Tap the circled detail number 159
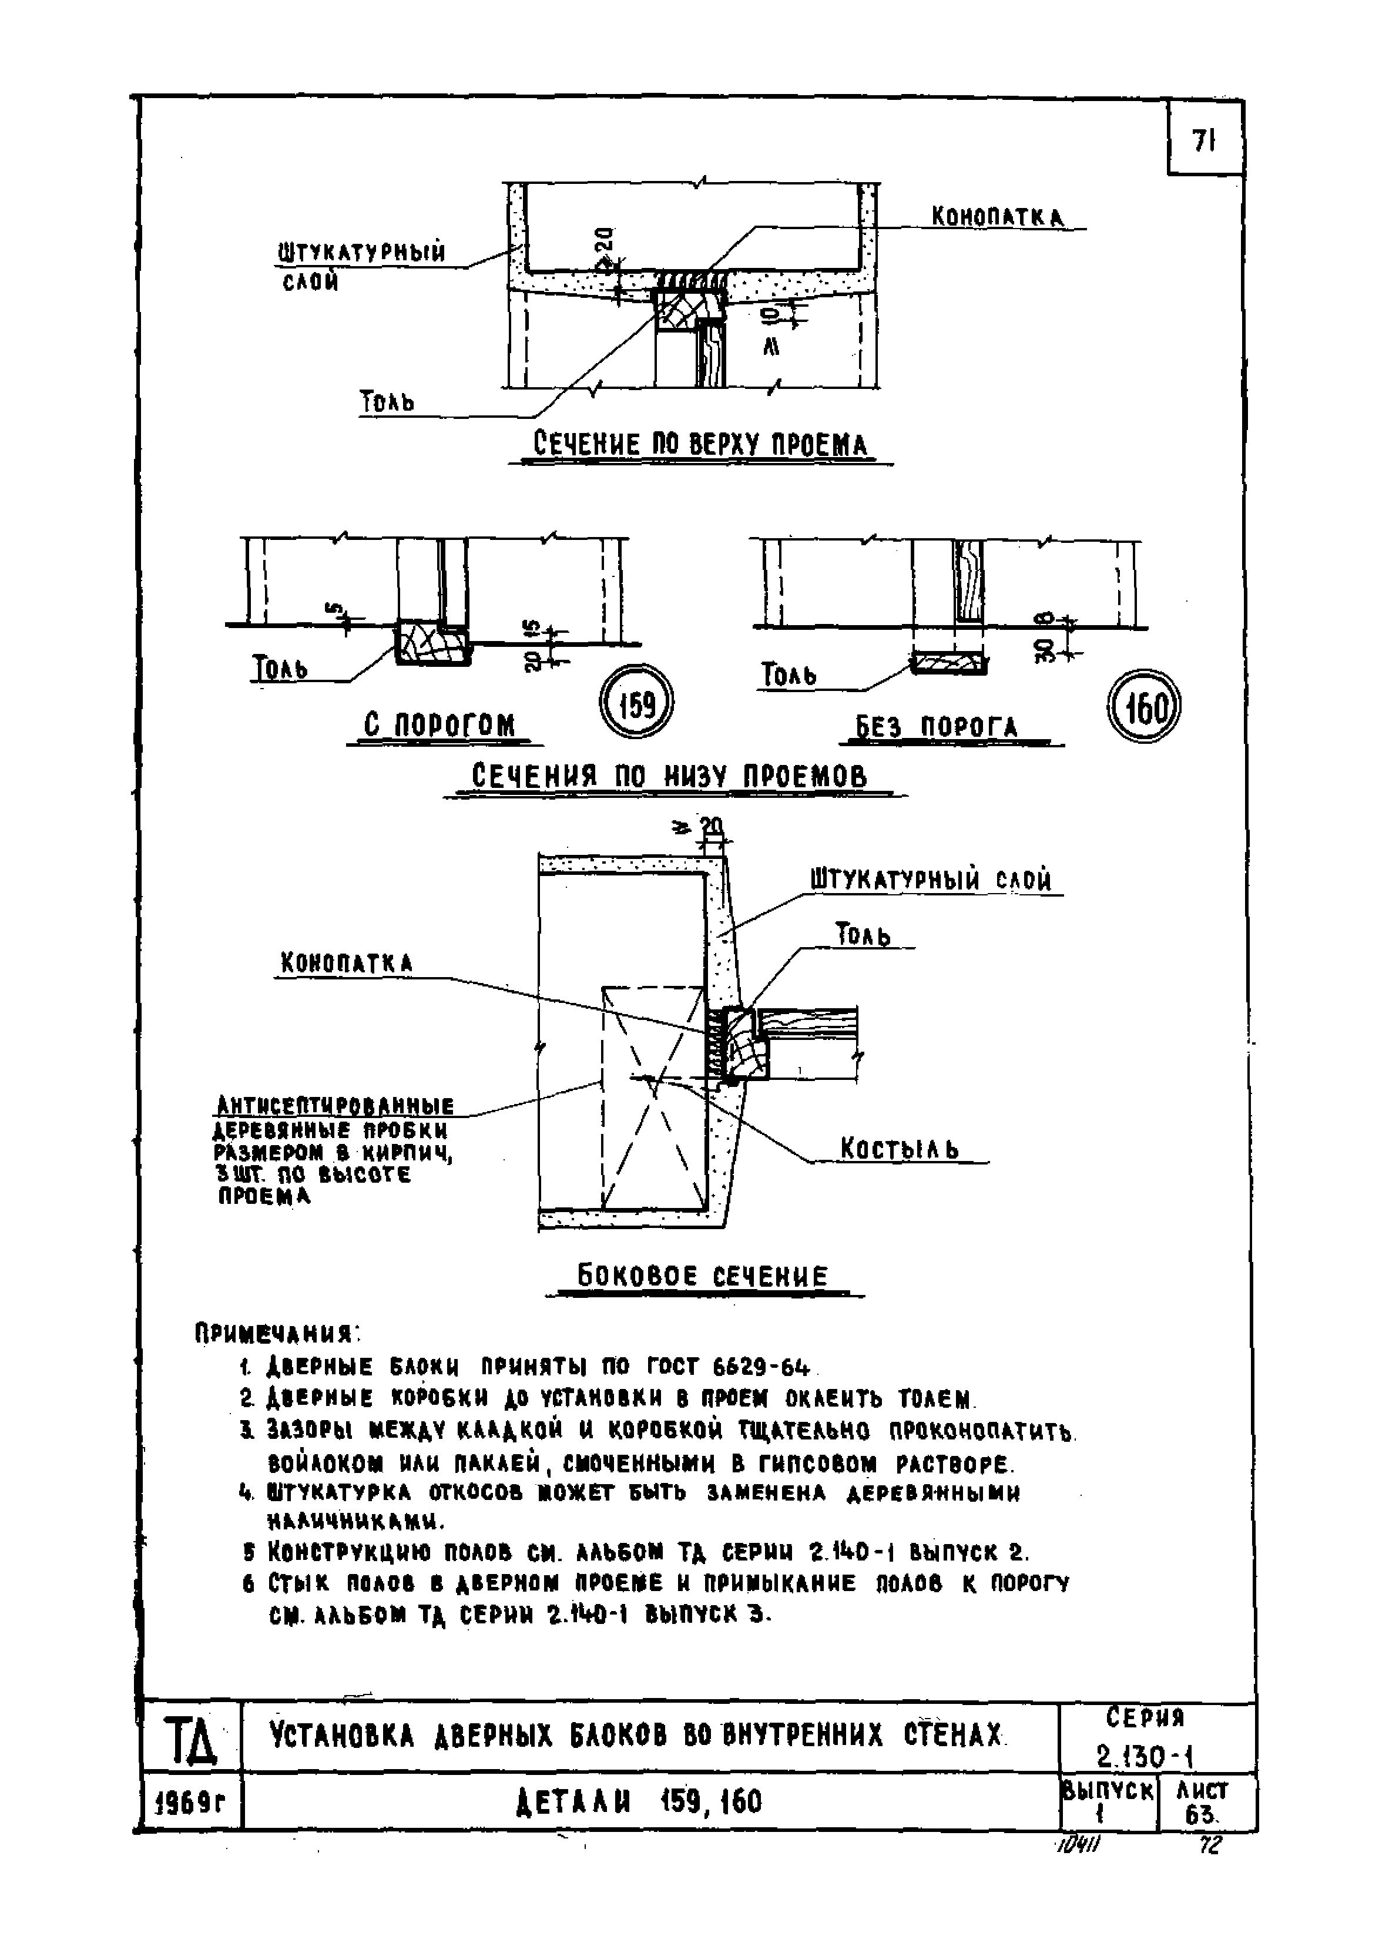pyautogui.click(x=636, y=704)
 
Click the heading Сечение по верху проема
pyautogui.click(x=700, y=445)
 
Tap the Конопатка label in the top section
pyautogui.click(x=997, y=217)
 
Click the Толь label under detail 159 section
pyautogui.click(x=280, y=668)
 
